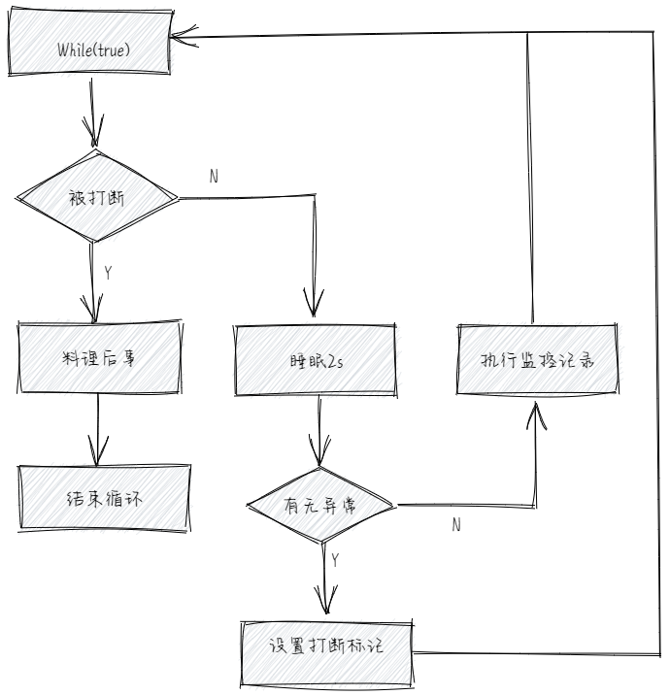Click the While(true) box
tap(89, 48)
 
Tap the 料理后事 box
tap(99, 357)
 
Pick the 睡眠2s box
tap(316, 359)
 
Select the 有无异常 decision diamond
tap(320, 506)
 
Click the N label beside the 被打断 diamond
tap(214, 176)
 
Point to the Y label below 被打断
tap(108, 273)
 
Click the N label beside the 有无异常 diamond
tap(455, 525)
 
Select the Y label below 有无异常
tap(335, 560)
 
